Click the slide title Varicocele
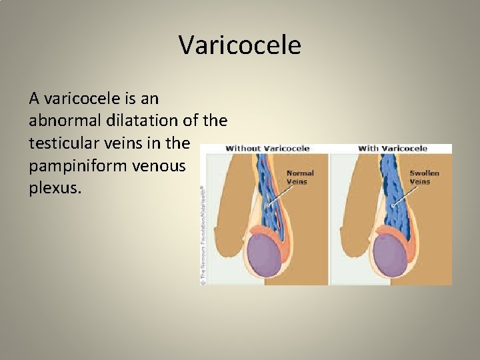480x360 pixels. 240,45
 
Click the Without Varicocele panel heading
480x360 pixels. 267,148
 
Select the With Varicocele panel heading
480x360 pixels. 393,148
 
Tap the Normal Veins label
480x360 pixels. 299,177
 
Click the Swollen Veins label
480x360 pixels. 424,177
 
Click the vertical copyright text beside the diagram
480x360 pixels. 203,233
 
